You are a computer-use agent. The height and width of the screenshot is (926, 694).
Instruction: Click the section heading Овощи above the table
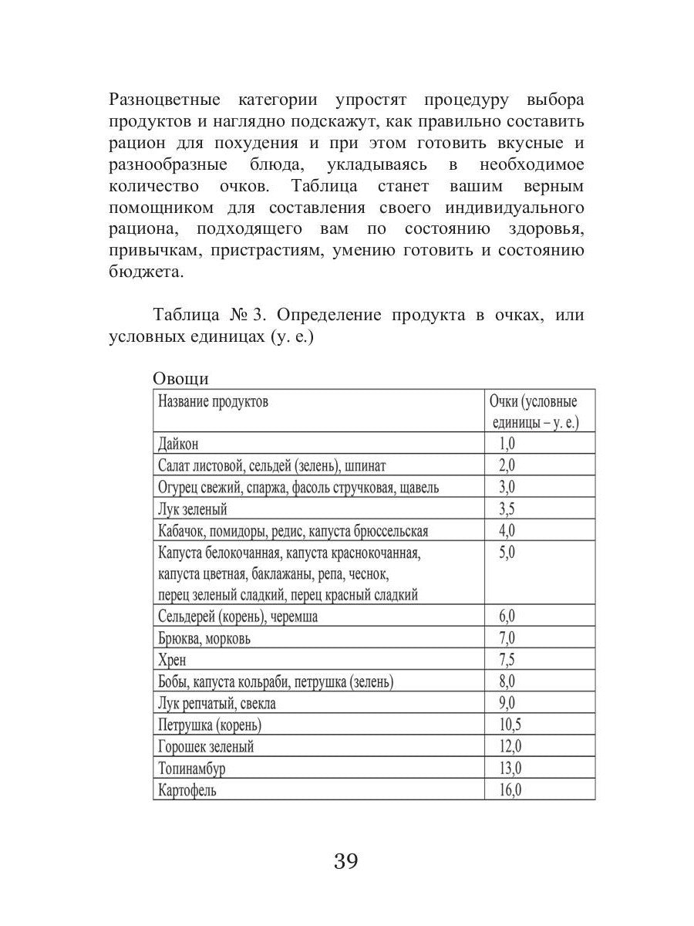(x=180, y=379)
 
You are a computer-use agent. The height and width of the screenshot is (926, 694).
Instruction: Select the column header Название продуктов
(x=213, y=402)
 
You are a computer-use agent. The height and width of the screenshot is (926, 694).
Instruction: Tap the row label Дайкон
(x=178, y=444)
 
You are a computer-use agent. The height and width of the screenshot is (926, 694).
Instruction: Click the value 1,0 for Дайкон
(x=507, y=444)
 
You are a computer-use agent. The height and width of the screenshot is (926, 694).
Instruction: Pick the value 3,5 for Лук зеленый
(x=507, y=509)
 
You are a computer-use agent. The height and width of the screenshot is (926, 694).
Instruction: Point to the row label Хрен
(x=171, y=661)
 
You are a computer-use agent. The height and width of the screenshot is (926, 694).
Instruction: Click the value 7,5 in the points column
(x=507, y=660)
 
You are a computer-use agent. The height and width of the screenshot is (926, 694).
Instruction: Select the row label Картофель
(x=187, y=791)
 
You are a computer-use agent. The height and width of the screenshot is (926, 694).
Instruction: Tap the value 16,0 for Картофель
(x=510, y=790)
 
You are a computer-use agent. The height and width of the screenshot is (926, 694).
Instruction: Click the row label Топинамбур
(x=192, y=769)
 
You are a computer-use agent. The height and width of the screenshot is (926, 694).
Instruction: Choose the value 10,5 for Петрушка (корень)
(x=510, y=725)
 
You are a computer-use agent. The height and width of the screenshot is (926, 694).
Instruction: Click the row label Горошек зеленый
(x=205, y=747)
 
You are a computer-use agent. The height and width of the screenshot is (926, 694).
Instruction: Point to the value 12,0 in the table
(x=510, y=746)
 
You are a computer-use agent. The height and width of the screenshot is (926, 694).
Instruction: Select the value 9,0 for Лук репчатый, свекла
(x=507, y=703)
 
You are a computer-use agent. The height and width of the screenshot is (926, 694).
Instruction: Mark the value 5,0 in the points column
(x=507, y=553)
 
